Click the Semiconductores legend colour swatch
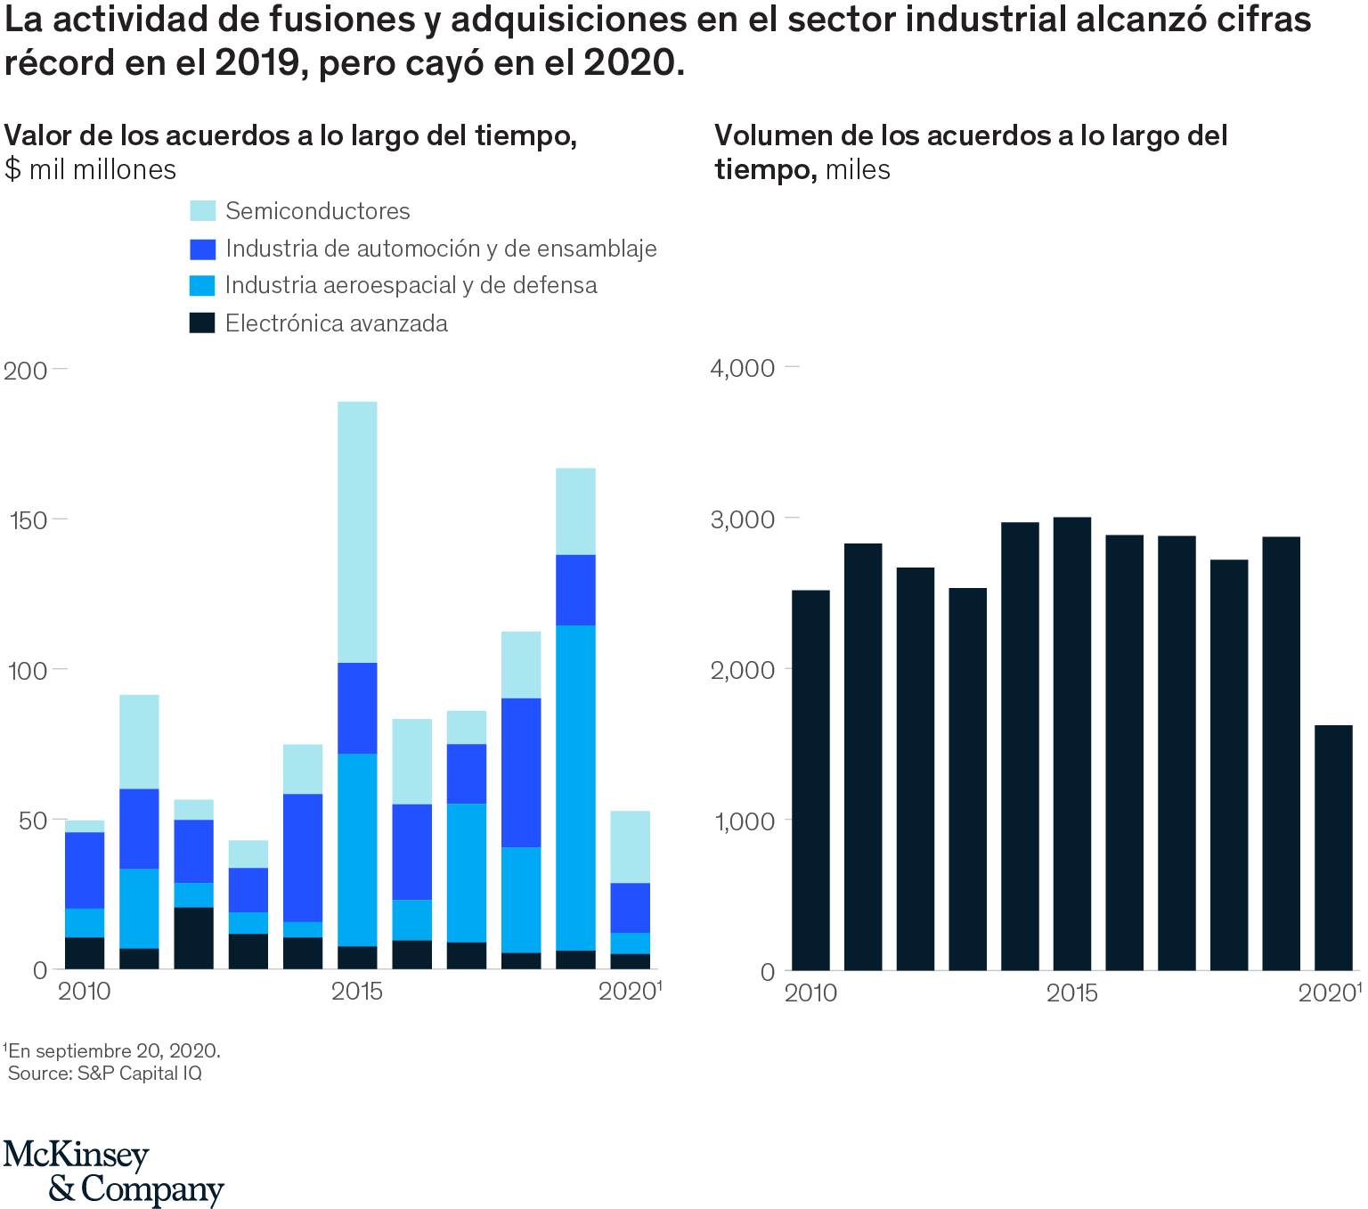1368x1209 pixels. coord(202,211)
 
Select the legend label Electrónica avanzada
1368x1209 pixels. coord(336,323)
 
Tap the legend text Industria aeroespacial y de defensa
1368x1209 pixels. coord(411,285)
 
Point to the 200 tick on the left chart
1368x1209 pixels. coord(26,371)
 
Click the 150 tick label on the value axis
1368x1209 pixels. coord(26,520)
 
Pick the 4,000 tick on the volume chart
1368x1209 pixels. coord(742,368)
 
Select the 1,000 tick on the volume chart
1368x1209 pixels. coord(742,821)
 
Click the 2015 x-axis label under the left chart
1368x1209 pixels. coord(356,992)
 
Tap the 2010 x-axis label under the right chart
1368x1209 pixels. coord(810,993)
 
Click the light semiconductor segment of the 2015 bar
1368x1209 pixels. coord(357,532)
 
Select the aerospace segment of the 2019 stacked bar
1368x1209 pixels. coord(575,788)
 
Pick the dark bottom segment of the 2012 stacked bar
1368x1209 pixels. coord(193,938)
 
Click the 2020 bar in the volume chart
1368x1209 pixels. coord(1333,847)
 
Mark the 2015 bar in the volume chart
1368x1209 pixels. coord(1071,743)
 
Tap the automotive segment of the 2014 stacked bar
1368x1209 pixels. coord(303,858)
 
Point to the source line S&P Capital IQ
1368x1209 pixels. coord(105,1074)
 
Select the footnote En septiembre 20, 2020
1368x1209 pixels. coord(112,1051)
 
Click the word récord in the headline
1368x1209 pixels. coord(59,63)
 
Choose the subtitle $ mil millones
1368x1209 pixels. coord(90,169)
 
